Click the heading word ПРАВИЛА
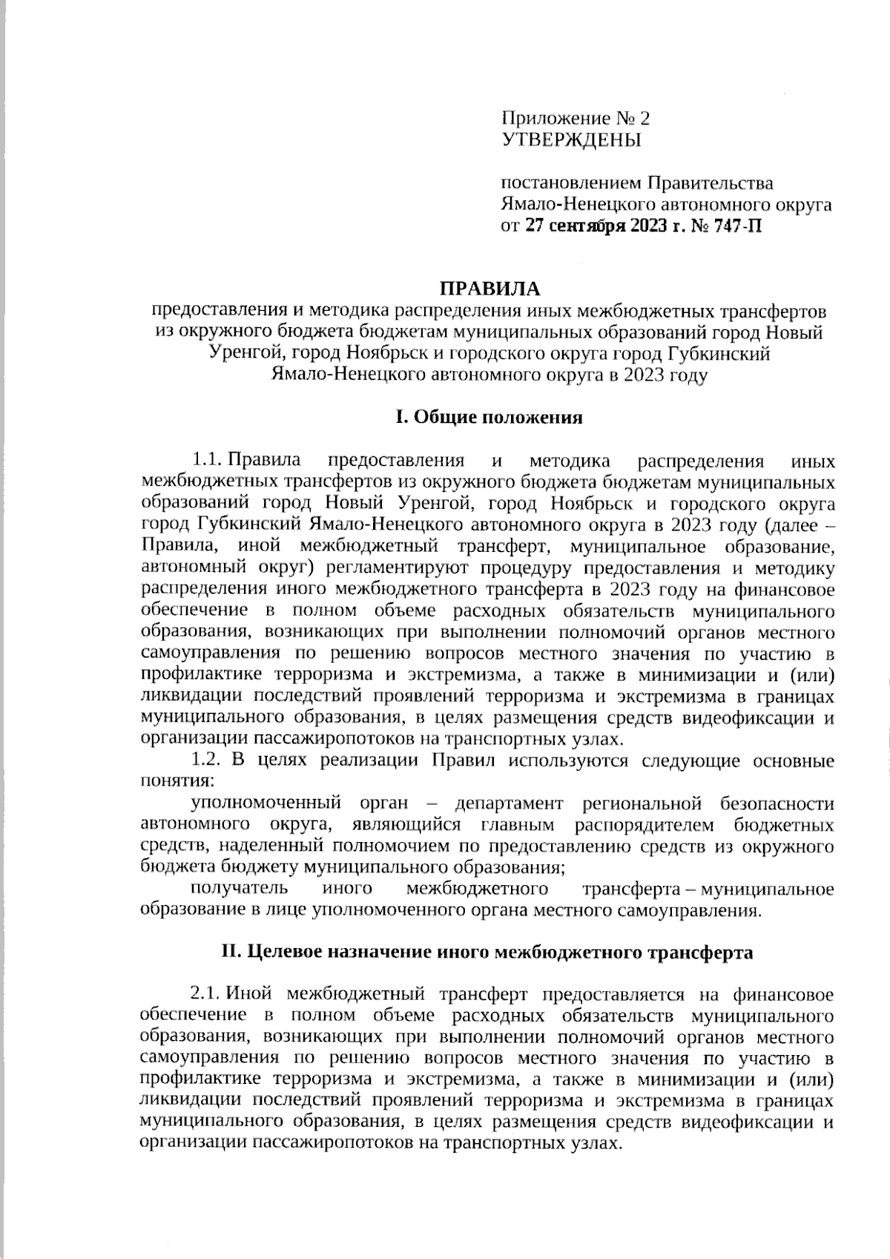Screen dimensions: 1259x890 (x=488, y=288)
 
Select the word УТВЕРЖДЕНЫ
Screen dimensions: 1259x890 (x=572, y=139)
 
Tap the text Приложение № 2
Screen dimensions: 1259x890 (x=576, y=118)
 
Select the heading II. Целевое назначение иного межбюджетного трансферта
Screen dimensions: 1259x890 (x=488, y=953)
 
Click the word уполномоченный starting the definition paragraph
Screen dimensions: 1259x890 (x=266, y=803)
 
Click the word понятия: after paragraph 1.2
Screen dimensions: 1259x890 (x=177, y=781)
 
